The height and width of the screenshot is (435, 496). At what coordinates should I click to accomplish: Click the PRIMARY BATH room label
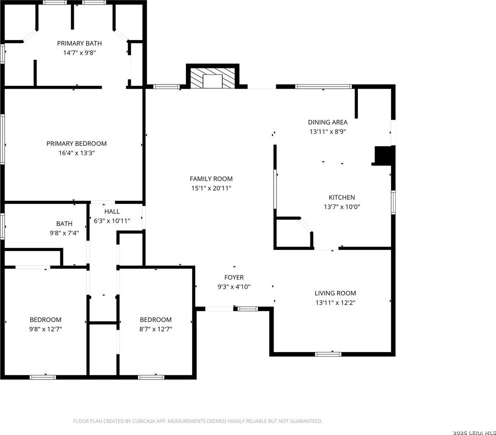pos(79,43)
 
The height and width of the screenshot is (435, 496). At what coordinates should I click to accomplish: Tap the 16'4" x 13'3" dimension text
pos(77,153)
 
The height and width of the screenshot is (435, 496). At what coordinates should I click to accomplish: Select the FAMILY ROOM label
pos(211,179)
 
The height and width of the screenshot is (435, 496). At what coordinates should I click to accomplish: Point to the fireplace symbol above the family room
pos(213,77)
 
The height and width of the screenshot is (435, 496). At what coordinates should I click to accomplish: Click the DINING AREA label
pos(328,122)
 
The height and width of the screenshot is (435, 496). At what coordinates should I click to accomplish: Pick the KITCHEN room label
pos(342,198)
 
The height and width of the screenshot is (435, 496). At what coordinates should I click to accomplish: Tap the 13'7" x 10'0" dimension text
pos(342,207)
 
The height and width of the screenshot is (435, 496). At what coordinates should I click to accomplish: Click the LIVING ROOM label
pos(336,293)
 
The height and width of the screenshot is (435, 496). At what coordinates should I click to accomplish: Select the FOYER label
pos(234,277)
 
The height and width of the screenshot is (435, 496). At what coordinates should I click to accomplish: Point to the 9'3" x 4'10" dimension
pos(234,287)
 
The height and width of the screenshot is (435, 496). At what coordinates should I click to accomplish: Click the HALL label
pos(112,211)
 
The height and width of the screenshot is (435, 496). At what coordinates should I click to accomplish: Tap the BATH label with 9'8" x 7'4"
pos(64,224)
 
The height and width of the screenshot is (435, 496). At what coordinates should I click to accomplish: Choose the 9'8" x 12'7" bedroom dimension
pos(46,329)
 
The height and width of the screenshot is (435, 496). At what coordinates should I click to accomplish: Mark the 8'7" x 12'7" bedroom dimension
pos(156,329)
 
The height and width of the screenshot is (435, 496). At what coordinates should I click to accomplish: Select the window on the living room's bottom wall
pos(328,354)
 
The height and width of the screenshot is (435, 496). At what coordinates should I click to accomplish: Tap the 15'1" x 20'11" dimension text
pos(212,188)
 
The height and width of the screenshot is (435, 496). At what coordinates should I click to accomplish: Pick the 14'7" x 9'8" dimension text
pos(79,53)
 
